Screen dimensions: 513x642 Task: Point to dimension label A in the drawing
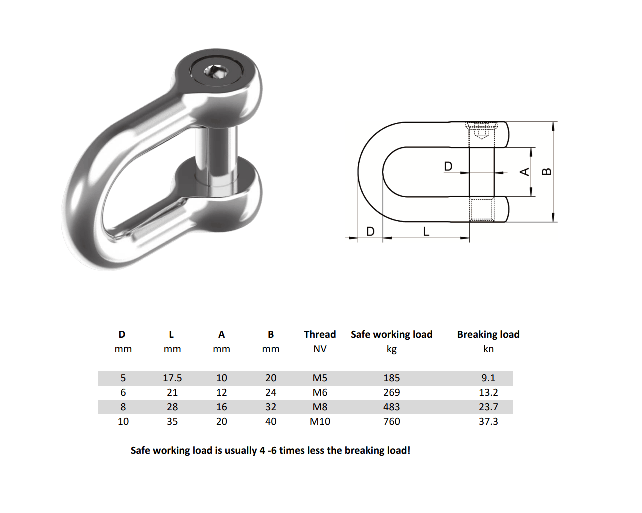tap(525, 172)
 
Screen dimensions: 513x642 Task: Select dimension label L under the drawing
tap(426, 231)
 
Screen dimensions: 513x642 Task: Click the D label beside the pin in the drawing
tap(448, 166)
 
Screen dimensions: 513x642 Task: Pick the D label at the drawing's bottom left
tap(370, 231)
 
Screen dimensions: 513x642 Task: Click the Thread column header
tap(320, 334)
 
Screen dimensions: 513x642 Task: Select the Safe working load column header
tap(391, 334)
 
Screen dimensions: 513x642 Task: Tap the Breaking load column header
tap(488, 334)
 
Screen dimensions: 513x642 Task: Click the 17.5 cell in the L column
tap(172, 378)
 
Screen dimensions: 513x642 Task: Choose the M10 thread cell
tap(320, 421)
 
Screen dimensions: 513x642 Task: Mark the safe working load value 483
tap(391, 407)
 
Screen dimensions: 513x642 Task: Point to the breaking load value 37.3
tap(488, 421)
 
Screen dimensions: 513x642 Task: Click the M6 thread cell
tap(320, 392)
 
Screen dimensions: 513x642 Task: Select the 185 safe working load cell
tap(391, 378)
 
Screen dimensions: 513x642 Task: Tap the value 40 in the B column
tap(271, 421)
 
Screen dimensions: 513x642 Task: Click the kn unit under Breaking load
tap(488, 349)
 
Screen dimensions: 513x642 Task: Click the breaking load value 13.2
tap(488, 392)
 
